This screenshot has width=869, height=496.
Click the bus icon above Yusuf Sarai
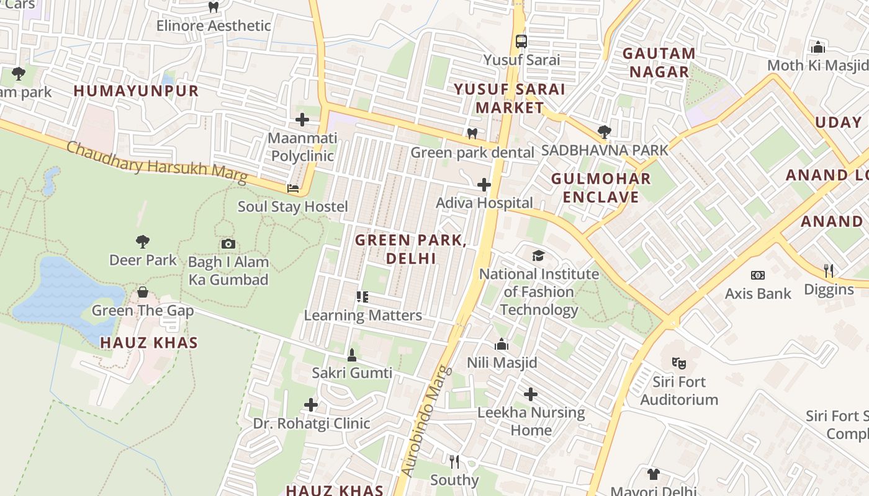pos(521,42)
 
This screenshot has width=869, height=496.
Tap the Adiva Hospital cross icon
pos(484,185)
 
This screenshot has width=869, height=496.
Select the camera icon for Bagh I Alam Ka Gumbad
pos(228,244)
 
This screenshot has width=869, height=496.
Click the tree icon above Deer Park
pos(143,241)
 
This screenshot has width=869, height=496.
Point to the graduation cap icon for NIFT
pos(538,255)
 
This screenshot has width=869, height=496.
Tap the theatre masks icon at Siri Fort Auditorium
pos(678,363)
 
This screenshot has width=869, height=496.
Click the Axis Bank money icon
pos(757,275)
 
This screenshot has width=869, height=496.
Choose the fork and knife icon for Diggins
pos(828,271)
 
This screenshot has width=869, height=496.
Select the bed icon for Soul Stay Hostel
pos(293,188)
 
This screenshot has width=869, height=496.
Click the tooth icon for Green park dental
pos(472,134)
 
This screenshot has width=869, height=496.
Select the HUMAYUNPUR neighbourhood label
pos(136,91)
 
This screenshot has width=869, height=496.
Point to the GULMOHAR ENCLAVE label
pos(601,188)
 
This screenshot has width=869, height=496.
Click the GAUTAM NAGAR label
pos(659,63)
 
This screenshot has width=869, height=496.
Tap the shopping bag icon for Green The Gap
pos(143,292)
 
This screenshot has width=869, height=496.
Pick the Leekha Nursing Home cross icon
pos(531,394)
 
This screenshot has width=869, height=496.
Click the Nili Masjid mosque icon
pos(502,344)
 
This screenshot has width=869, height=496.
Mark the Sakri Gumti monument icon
pos(352,355)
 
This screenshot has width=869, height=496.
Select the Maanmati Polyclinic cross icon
pos(302,120)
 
